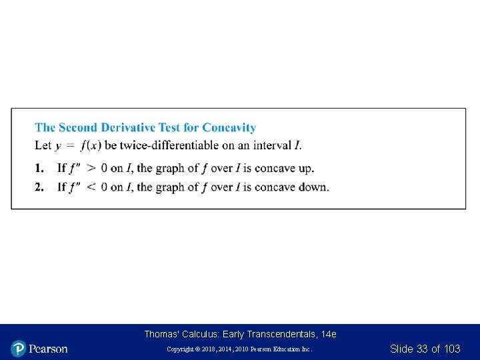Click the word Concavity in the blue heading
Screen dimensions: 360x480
click(x=229, y=127)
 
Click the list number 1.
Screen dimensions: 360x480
click(x=39, y=169)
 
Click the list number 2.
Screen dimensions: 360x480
click(x=39, y=187)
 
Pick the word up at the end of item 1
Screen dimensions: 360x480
click(x=305, y=169)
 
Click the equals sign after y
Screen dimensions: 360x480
click(x=70, y=145)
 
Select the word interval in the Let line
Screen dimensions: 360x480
click(x=271, y=145)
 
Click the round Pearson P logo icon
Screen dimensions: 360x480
click(x=18, y=349)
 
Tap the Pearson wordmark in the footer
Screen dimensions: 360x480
click(x=48, y=349)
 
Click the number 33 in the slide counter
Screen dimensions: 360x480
click(x=422, y=349)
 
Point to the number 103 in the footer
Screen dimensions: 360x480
click(x=451, y=349)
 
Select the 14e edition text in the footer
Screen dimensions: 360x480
click(x=328, y=334)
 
